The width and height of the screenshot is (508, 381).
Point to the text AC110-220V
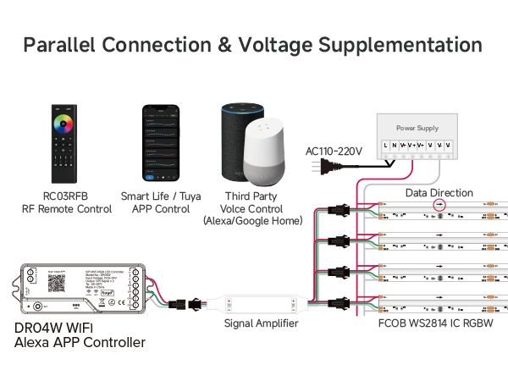click(334, 152)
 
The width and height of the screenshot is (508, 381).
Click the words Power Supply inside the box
click(417, 129)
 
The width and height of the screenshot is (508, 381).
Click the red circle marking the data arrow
click(439, 205)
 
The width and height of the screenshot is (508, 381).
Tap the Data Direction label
click(439, 193)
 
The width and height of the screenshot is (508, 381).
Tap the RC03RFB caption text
click(66, 196)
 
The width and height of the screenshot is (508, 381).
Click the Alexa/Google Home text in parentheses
click(253, 220)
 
